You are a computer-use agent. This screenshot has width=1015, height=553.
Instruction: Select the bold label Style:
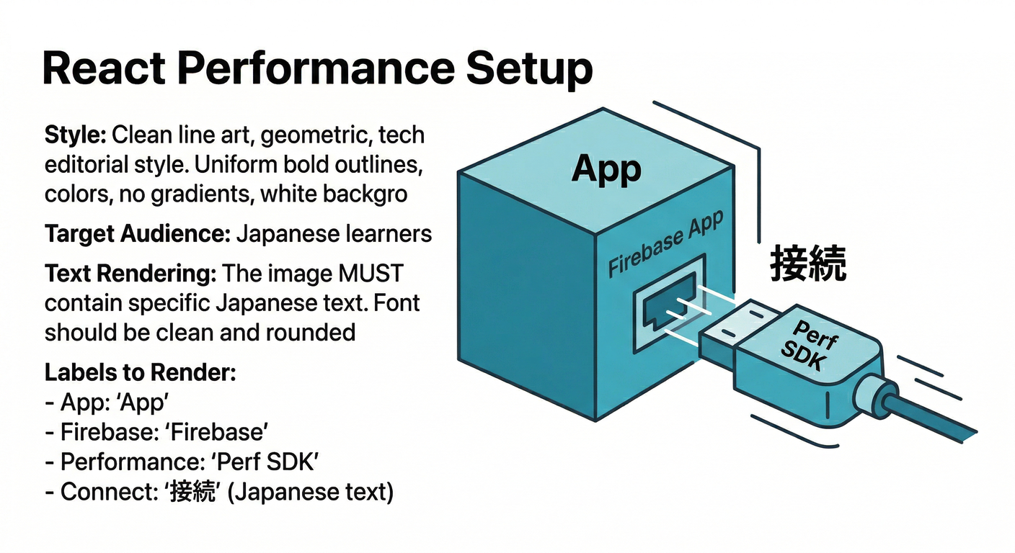[x=76, y=135]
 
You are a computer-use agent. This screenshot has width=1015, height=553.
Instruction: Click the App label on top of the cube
[x=606, y=169]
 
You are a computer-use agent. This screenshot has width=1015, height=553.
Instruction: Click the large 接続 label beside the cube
[x=808, y=264]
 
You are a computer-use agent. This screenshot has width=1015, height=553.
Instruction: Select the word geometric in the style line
[x=309, y=135]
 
